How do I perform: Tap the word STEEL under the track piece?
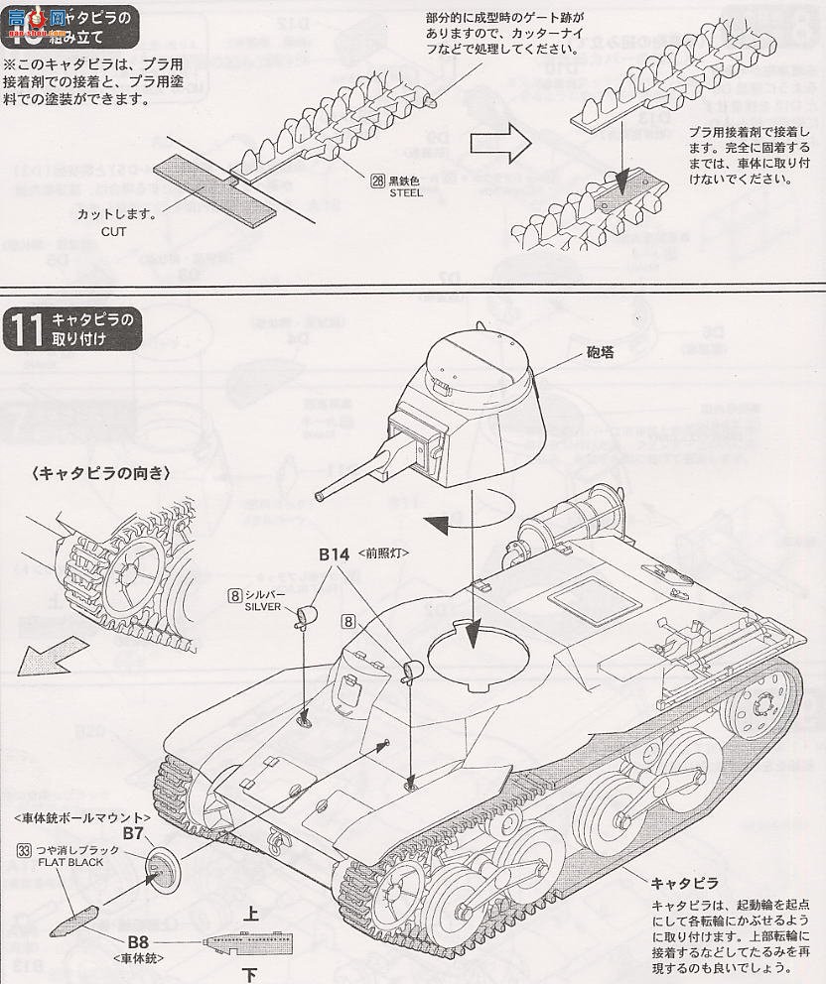406,193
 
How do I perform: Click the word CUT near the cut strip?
113,231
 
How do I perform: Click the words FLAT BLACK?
71,862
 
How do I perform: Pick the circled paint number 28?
378,182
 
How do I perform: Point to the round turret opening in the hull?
476,655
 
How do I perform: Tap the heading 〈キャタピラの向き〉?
100,473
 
